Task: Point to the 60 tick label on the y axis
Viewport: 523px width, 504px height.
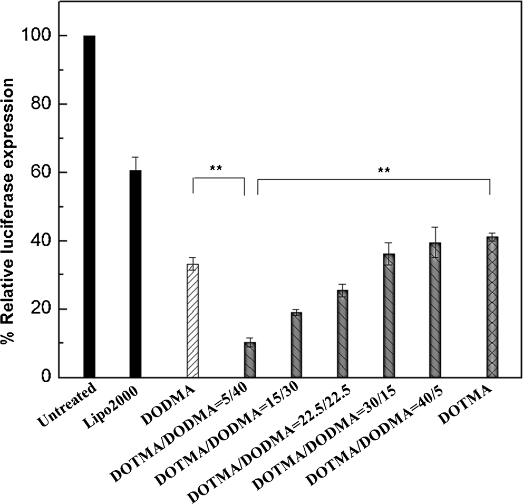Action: pyautogui.click(x=40, y=172)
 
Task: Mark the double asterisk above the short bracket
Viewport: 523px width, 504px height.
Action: pyautogui.click(x=216, y=169)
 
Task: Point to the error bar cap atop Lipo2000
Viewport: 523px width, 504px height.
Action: pyautogui.click(x=135, y=157)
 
